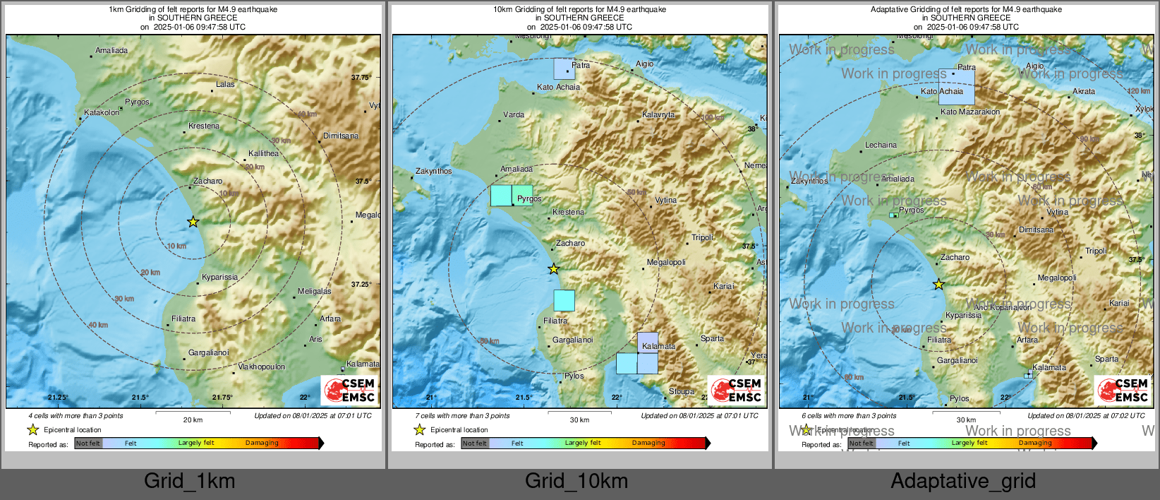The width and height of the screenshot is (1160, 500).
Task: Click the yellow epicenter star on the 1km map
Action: tap(193, 222)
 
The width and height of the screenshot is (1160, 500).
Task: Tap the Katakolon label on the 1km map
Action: tap(102, 112)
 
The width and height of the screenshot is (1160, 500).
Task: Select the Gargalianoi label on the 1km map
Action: tap(208, 352)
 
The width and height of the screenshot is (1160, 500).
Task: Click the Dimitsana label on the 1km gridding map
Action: tap(341, 136)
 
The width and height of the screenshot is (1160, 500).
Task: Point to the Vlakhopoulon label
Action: tap(262, 367)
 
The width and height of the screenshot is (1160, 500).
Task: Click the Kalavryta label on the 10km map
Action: tap(658, 114)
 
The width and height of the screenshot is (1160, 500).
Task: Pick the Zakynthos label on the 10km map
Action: tap(433, 171)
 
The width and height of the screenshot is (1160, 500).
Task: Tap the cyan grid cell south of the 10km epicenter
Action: tap(564, 301)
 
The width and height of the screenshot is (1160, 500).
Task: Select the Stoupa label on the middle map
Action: tap(681, 391)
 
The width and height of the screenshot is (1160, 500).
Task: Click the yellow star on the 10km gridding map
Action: tap(554, 269)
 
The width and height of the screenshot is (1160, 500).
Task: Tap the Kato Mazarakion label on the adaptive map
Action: tap(970, 112)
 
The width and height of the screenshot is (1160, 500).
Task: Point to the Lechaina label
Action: tap(881, 145)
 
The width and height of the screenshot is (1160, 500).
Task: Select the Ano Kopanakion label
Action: tap(1002, 307)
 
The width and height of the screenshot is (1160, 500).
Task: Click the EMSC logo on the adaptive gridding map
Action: tap(1123, 390)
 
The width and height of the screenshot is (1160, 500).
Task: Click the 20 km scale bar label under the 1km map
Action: tap(193, 419)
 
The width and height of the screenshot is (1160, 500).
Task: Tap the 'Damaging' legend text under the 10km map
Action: tap(648, 443)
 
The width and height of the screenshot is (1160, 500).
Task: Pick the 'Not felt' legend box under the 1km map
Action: tap(88, 444)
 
